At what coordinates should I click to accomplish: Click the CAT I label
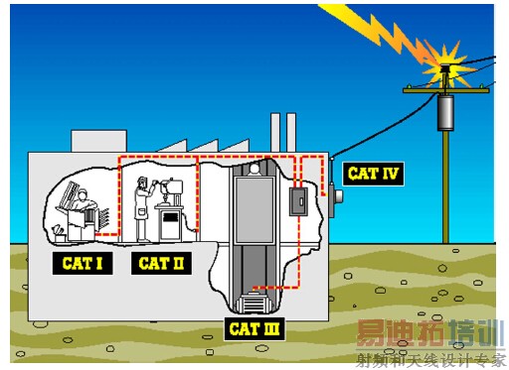click(x=83, y=263)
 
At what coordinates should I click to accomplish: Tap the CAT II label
click(x=161, y=263)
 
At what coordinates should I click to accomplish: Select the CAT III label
click(x=254, y=329)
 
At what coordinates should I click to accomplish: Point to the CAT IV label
click(x=373, y=174)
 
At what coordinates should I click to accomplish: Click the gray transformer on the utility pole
click(x=445, y=112)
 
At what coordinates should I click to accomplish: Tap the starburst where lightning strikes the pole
click(x=445, y=67)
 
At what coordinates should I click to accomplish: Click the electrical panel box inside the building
click(x=298, y=201)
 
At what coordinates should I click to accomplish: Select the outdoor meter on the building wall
click(x=336, y=197)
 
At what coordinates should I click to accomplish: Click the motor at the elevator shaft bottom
click(x=254, y=303)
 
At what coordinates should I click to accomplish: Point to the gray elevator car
click(x=254, y=210)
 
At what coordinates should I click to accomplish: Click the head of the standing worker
click(x=142, y=182)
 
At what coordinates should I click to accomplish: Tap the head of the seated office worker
click(x=83, y=194)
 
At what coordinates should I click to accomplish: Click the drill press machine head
click(x=172, y=186)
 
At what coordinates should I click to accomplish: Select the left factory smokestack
click(x=275, y=133)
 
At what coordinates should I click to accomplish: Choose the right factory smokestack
click(x=291, y=133)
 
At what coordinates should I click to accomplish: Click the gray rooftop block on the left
click(x=99, y=142)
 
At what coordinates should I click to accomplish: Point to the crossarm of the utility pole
click(x=446, y=90)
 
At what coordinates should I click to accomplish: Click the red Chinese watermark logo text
click(x=401, y=333)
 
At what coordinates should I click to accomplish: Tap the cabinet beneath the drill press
click(x=170, y=223)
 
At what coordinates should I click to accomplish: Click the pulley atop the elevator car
click(x=254, y=169)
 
